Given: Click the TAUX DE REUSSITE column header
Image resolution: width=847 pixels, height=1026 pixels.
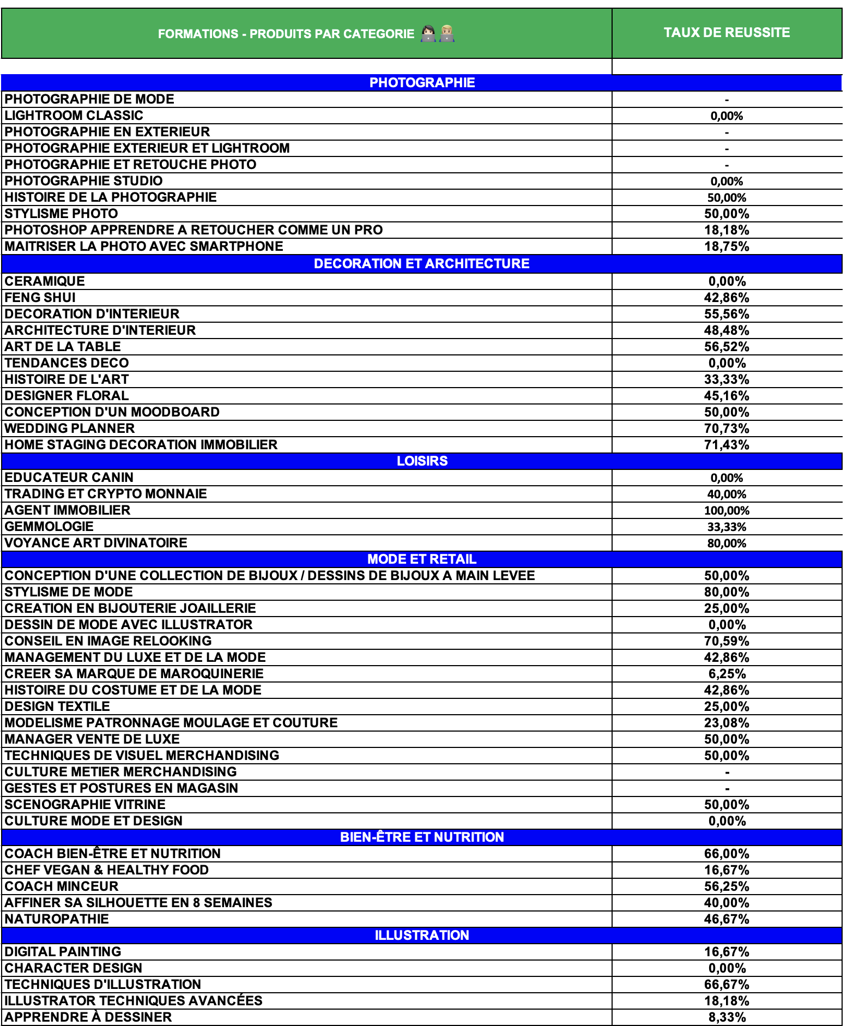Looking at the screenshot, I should (x=727, y=33).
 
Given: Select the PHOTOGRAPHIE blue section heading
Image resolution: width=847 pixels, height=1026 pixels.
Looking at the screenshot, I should (x=422, y=83).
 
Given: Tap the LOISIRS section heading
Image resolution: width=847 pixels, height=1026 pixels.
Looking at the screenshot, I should (x=422, y=461).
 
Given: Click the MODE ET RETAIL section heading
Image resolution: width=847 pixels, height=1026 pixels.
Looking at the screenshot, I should (x=422, y=559).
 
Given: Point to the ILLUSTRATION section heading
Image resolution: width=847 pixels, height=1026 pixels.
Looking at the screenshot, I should (x=422, y=936).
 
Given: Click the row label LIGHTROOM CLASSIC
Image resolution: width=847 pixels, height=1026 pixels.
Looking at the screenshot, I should (x=74, y=116).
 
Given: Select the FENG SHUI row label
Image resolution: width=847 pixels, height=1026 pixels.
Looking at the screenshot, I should (x=40, y=298).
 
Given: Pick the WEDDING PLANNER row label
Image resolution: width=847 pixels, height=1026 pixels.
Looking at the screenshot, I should (x=70, y=428).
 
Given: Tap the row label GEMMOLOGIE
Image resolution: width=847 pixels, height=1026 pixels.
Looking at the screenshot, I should (x=49, y=527).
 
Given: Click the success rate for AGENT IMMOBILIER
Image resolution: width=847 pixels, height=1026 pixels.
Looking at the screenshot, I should (x=727, y=511).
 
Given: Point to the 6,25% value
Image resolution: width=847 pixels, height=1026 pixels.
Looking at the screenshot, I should (x=727, y=674).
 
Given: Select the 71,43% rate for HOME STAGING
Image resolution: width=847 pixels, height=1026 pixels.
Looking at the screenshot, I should (x=727, y=445).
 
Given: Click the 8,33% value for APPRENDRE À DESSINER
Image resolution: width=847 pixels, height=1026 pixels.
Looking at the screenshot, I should (x=727, y=1018).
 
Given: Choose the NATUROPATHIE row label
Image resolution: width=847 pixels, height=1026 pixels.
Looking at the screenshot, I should (x=57, y=919).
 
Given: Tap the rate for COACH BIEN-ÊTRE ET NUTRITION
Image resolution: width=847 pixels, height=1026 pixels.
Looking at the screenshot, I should (x=727, y=854).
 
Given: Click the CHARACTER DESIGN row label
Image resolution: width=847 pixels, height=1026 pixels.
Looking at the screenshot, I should (x=74, y=968).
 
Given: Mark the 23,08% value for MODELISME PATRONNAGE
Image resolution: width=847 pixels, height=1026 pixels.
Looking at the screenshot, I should (x=727, y=723).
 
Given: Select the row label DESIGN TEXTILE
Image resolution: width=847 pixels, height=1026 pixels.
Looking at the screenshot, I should (x=57, y=707).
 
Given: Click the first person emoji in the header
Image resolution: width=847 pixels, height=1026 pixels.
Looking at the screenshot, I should (x=428, y=34).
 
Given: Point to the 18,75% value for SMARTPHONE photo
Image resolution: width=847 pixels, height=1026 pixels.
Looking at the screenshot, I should (x=727, y=246).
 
